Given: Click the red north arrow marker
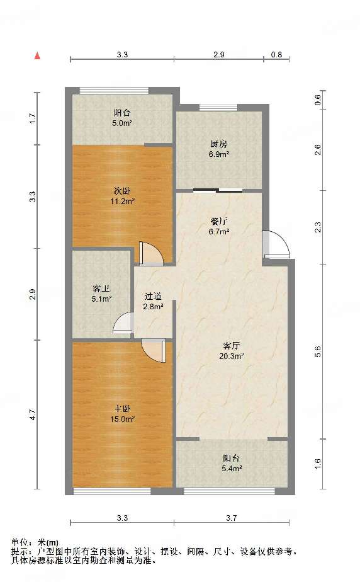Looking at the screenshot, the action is click(x=37, y=55).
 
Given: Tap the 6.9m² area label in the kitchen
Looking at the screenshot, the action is click(x=219, y=154).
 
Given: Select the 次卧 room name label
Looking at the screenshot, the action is click(x=122, y=191).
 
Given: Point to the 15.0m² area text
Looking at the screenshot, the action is click(x=122, y=419).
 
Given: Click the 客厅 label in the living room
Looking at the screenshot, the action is click(x=232, y=346).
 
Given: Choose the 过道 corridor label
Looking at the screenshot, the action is click(x=153, y=297).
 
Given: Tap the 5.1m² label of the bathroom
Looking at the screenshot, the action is click(x=101, y=299).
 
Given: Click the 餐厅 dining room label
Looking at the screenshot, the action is click(x=219, y=222).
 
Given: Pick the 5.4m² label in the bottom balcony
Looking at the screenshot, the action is click(x=232, y=469).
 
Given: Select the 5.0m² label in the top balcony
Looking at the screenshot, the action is click(x=122, y=123).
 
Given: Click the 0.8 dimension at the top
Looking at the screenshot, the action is click(x=276, y=55).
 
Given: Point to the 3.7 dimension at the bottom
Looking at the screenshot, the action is click(x=232, y=518).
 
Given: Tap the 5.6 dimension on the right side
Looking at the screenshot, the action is click(x=318, y=351).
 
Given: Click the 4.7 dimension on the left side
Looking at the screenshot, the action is click(x=33, y=414).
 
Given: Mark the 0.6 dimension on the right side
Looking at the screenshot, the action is click(x=318, y=100).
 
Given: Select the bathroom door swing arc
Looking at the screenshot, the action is click(x=123, y=322).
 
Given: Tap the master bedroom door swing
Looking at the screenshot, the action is click(x=153, y=350).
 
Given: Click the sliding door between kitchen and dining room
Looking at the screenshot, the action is click(x=218, y=191).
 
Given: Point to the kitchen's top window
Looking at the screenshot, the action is click(x=218, y=108).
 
